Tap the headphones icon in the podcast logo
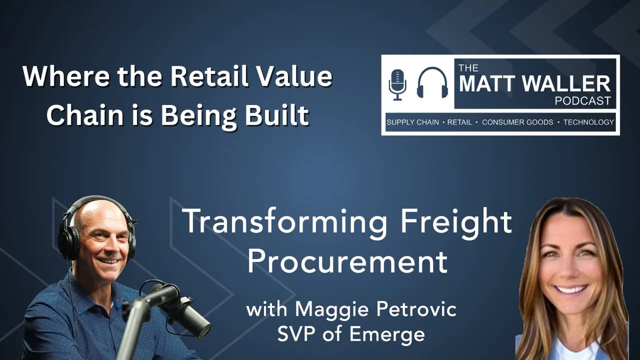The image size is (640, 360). pos(433,83)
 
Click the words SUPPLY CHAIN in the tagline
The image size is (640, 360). pos(413,122)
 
